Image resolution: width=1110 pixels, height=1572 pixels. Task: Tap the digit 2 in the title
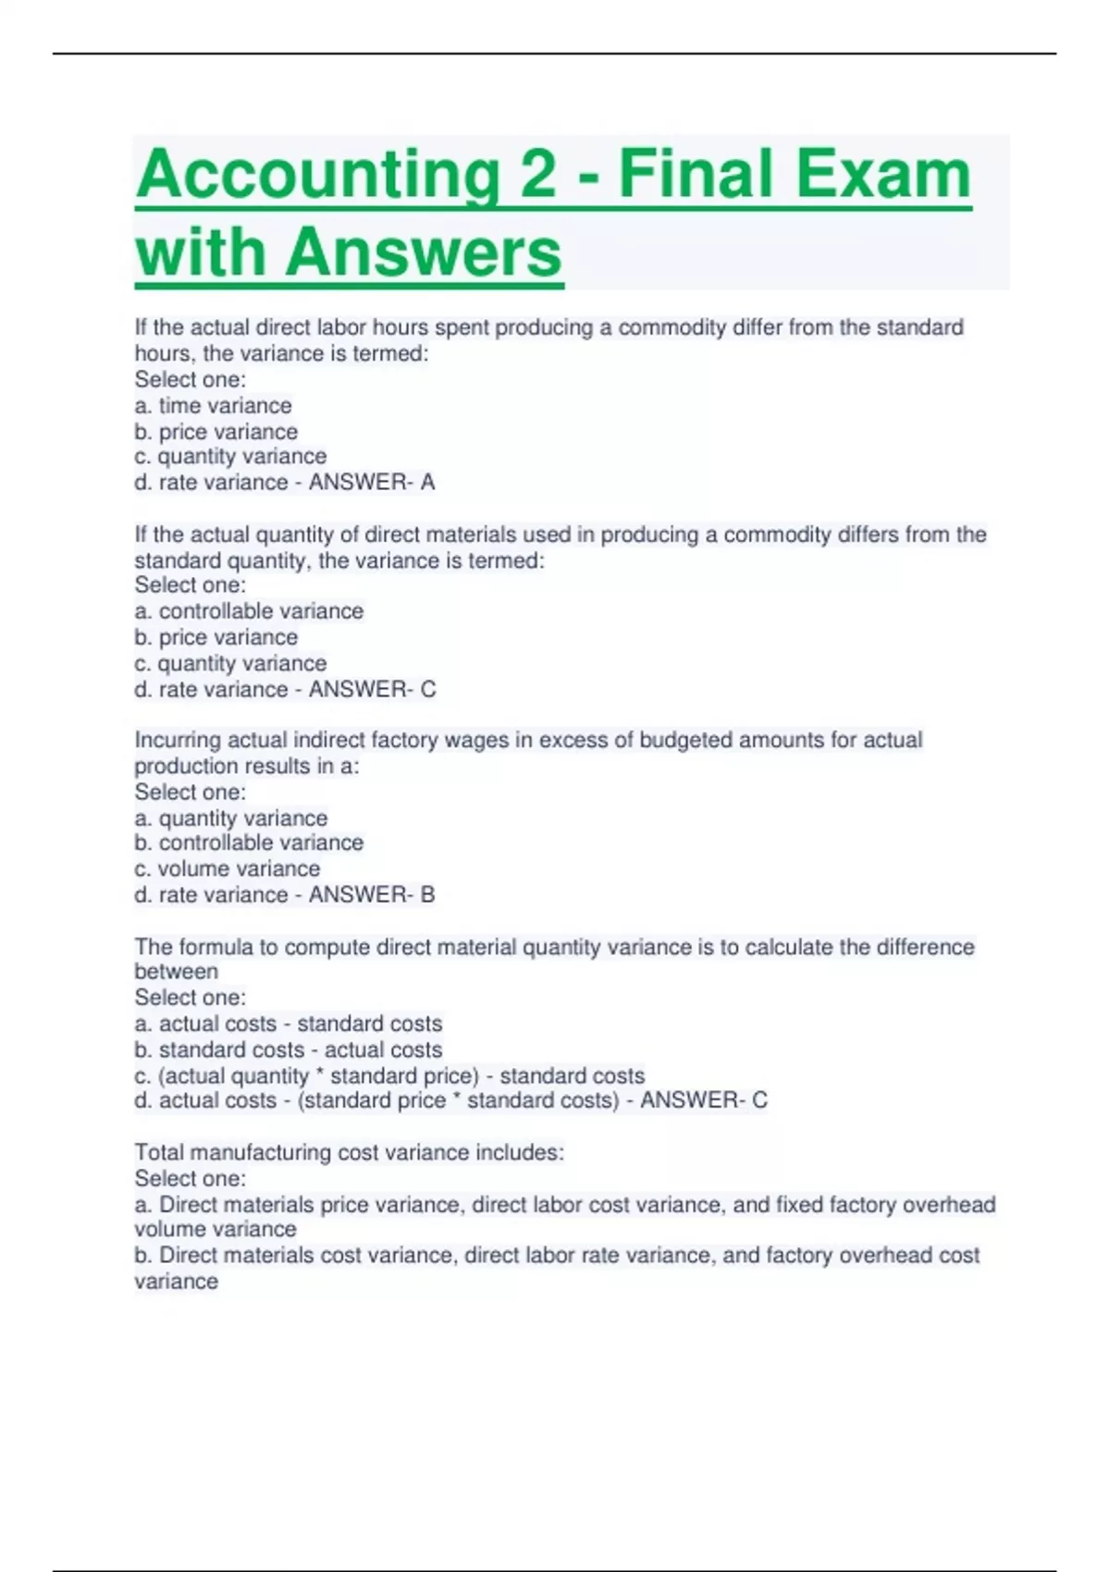pyautogui.click(x=537, y=174)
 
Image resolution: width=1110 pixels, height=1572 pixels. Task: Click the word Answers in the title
pyautogui.click(x=425, y=252)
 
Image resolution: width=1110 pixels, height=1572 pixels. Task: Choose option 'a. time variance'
pyautogui.click(x=213, y=406)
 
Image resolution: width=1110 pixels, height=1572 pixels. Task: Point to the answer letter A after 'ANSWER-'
pyautogui.click(x=427, y=483)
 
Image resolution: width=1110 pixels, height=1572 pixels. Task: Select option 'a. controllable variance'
pyautogui.click(x=249, y=611)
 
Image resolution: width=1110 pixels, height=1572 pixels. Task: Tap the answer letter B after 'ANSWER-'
pyautogui.click(x=427, y=895)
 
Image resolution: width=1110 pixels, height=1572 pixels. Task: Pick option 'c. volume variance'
pyautogui.click(x=227, y=869)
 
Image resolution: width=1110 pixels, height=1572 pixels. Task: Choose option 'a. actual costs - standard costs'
pyautogui.click(x=288, y=1025)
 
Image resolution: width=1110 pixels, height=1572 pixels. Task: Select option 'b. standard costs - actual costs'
pyautogui.click(x=288, y=1050)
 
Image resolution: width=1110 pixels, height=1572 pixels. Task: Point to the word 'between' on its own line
pyautogui.click(x=176, y=972)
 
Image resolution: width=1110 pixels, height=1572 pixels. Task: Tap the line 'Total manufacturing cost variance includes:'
pyautogui.click(x=349, y=1153)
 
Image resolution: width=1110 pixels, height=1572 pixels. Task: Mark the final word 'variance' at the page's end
pyautogui.click(x=176, y=1282)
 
